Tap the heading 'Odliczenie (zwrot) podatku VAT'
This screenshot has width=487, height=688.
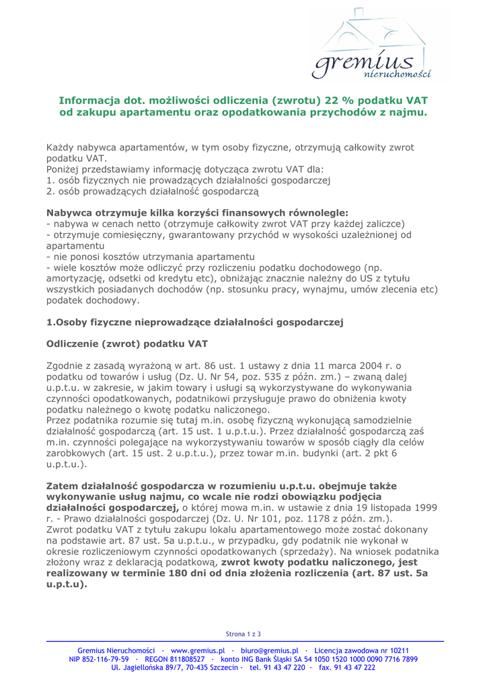pos(126,343)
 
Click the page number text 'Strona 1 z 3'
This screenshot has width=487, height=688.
pos(243,634)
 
